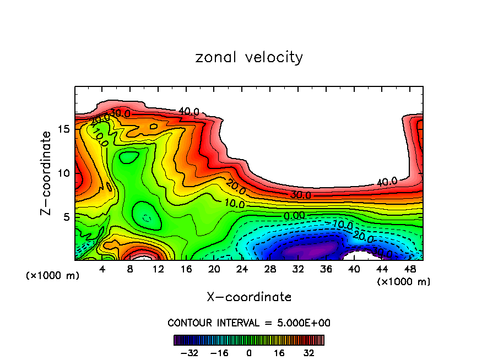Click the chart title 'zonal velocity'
click(x=249, y=57)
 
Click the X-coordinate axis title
click(x=249, y=297)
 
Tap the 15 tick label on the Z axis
click(x=63, y=129)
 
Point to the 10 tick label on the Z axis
click(x=63, y=173)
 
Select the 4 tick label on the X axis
click(x=102, y=269)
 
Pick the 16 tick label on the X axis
click(x=186, y=269)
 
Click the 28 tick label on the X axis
click(x=270, y=269)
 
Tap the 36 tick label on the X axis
click(x=326, y=269)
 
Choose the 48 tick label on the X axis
click(x=410, y=269)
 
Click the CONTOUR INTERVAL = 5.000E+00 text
click(x=249, y=323)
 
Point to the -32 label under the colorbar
click(x=189, y=353)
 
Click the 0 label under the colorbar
click(x=249, y=353)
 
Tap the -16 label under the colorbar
click(x=219, y=353)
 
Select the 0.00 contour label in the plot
click(x=294, y=215)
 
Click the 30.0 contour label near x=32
click(x=301, y=195)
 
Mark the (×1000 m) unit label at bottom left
click(x=53, y=276)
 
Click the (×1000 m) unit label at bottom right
click(x=404, y=281)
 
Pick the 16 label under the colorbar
click(x=279, y=353)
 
